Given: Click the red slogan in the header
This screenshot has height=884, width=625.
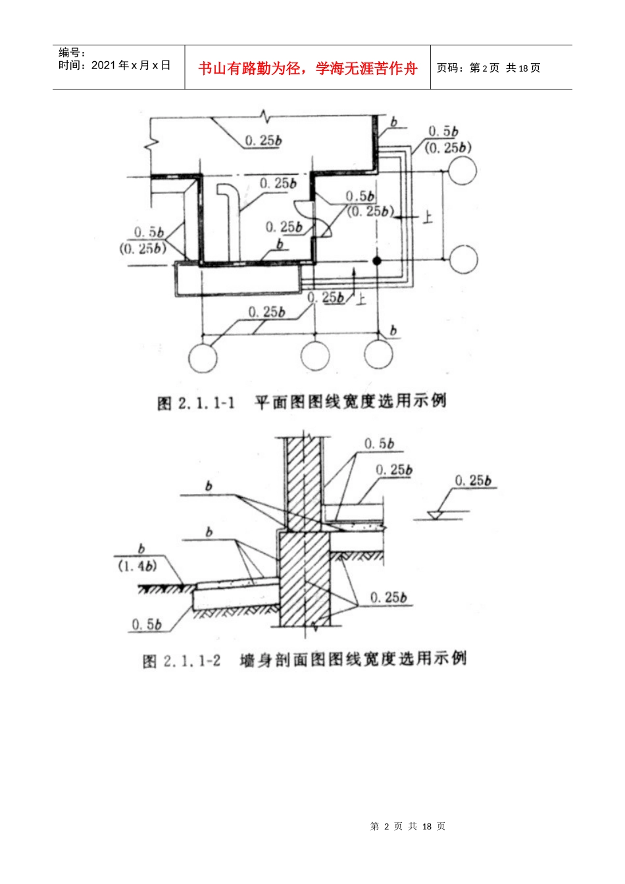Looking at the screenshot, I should [x=307, y=68].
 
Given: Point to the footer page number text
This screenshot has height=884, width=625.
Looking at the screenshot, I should [x=408, y=826].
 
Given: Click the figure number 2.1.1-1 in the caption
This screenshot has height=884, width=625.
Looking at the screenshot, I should [x=206, y=402].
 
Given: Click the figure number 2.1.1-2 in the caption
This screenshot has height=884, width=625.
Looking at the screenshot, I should [x=191, y=660].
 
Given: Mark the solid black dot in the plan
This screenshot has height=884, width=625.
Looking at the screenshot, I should [x=377, y=261].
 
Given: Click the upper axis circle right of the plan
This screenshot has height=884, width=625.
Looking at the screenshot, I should [x=463, y=171].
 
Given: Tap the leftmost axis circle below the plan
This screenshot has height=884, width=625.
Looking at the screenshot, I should [x=203, y=357].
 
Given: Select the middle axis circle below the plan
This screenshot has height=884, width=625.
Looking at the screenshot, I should [x=315, y=356].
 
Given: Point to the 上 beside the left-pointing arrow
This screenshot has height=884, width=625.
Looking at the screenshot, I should [x=428, y=217].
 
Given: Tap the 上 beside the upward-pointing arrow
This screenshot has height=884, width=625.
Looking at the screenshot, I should [x=361, y=300].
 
